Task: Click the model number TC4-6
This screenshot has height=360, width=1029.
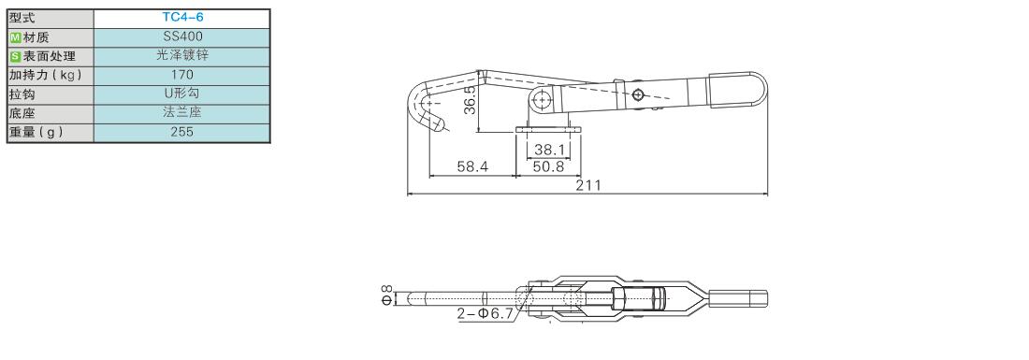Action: click(x=181, y=18)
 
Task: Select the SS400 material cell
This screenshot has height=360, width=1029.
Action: click(x=181, y=36)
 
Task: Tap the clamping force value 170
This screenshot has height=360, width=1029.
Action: click(x=181, y=75)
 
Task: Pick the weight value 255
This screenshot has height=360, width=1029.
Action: click(x=181, y=132)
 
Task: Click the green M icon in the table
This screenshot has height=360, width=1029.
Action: click(x=15, y=37)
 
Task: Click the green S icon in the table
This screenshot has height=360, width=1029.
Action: click(x=15, y=56)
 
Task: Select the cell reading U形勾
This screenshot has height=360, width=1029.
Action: click(x=181, y=94)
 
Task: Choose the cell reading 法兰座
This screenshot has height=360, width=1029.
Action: click(x=181, y=113)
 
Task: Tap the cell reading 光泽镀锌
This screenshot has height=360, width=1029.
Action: click(x=181, y=56)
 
